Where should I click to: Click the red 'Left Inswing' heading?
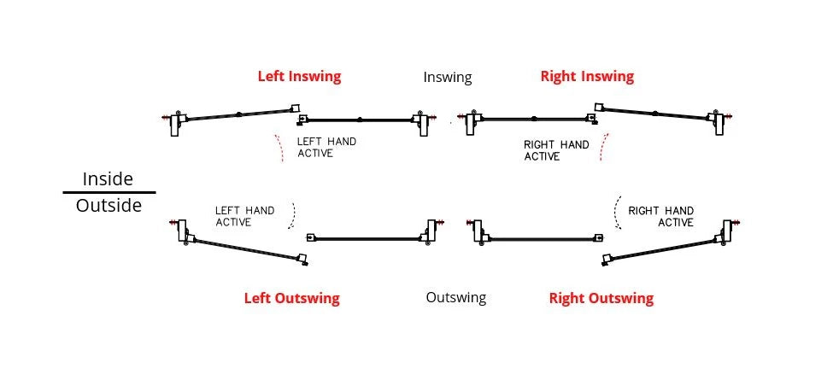(299, 76)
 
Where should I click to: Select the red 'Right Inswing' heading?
(587, 76)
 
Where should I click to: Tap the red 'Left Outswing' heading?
(291, 298)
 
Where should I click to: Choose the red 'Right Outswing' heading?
(601, 298)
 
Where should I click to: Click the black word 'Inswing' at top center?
(447, 77)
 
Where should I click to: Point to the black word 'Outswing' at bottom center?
(455, 297)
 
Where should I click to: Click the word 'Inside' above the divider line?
(108, 179)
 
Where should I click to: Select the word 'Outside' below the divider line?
(109, 206)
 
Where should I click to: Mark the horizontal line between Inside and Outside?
(109, 193)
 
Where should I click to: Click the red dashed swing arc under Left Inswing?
(279, 148)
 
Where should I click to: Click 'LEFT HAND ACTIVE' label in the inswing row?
(326, 147)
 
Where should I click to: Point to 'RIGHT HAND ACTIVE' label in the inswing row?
(556, 150)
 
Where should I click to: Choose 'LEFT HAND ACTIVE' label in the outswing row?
(244, 216)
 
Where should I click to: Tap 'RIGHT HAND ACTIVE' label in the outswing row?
(660, 216)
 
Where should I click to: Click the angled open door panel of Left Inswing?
(239, 114)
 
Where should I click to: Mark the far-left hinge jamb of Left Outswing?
(182, 229)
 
